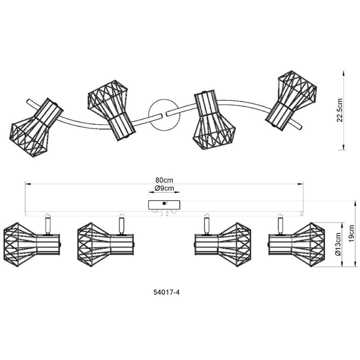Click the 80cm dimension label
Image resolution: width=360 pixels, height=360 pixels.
164,180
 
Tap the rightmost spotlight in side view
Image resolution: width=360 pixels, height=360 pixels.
295,243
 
